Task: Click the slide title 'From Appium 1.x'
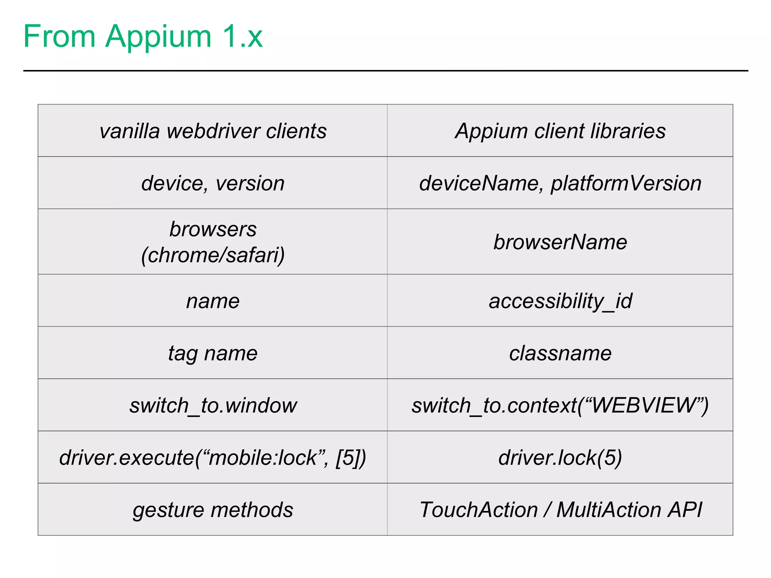point(143,37)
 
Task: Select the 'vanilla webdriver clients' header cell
point(213,131)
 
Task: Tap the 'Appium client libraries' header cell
point(560,131)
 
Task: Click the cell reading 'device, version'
point(213,183)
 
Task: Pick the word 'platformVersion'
point(626,183)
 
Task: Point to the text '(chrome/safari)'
point(213,255)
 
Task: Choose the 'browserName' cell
point(560,242)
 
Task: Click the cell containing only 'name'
point(213,301)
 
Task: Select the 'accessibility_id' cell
point(560,301)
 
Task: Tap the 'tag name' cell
point(213,353)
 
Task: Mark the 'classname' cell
point(560,353)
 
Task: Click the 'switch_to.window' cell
point(213,405)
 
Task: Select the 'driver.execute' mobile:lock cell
point(213,458)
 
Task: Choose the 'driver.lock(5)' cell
point(560,458)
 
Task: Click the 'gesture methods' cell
point(213,510)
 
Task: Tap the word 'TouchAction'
point(478,510)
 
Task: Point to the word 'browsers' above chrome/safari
point(213,229)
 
